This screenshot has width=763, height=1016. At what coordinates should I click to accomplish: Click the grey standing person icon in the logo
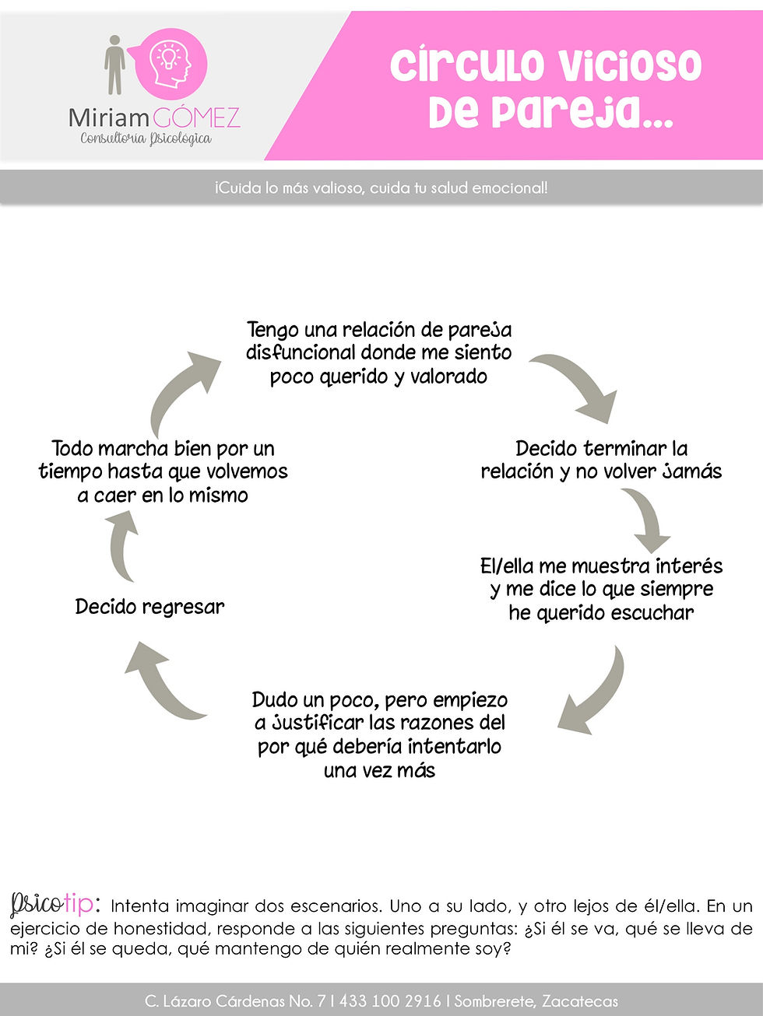point(114,65)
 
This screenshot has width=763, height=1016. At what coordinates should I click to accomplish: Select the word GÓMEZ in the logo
point(196,118)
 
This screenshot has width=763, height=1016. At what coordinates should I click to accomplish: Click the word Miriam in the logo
point(109,118)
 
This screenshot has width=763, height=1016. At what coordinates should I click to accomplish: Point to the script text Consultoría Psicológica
point(146,138)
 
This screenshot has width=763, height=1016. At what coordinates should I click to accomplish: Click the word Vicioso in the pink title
point(630,65)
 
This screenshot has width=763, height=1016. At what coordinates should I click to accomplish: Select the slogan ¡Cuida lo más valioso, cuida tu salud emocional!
point(381,188)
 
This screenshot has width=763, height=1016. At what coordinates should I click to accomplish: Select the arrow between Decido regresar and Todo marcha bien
point(121,546)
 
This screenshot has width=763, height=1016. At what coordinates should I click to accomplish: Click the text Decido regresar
point(149,607)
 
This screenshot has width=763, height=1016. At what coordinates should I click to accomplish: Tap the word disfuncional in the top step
point(301,352)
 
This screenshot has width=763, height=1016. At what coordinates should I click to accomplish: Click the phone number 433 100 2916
point(390,1001)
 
